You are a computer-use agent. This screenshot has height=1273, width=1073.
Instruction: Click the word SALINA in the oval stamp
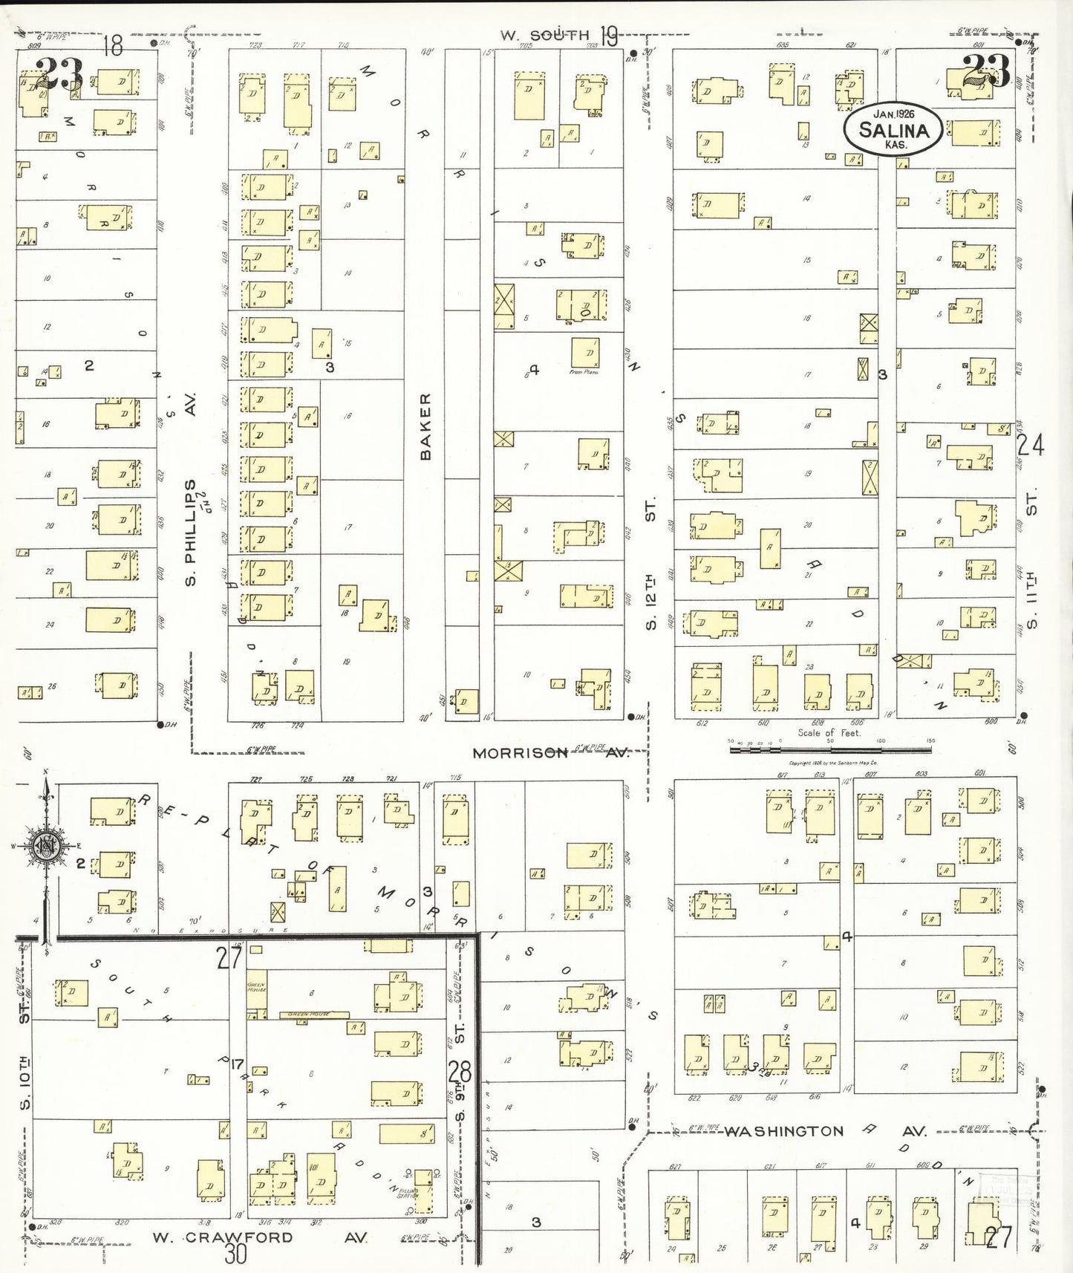click(893, 130)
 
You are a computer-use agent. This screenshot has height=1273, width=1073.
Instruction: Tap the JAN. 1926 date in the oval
click(893, 114)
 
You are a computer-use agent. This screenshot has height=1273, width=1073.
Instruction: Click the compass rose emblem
click(47, 846)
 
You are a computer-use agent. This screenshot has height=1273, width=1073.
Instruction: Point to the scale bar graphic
click(830, 750)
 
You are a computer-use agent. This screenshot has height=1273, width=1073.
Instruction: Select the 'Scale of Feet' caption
click(829, 732)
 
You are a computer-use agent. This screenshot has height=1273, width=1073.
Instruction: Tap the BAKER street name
click(425, 426)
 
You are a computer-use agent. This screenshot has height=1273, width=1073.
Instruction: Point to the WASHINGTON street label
click(784, 1131)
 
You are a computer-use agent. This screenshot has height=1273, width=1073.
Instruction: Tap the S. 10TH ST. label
click(26, 1055)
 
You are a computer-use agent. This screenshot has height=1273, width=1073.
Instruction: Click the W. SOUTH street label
click(544, 35)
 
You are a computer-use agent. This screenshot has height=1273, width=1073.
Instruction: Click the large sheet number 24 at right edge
click(1031, 446)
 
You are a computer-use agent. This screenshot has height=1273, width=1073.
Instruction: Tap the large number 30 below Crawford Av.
click(235, 1254)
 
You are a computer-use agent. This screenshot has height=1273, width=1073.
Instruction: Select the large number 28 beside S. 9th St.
click(460, 1072)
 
